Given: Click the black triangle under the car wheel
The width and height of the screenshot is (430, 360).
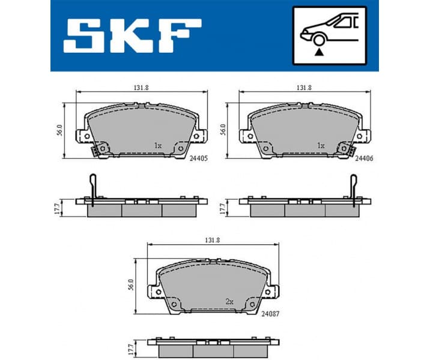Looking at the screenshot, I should (x=318, y=53).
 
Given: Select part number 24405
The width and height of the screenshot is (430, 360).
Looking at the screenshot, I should (x=198, y=159).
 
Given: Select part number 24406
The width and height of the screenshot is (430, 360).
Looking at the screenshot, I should (x=364, y=159).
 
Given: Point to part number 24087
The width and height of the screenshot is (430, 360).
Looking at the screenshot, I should (x=270, y=313).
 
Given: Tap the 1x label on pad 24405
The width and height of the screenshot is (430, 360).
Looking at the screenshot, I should (x=158, y=146).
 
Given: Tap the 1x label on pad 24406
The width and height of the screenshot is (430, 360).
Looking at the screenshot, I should (x=321, y=146).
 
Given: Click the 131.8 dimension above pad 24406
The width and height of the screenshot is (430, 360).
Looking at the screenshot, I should (x=304, y=88).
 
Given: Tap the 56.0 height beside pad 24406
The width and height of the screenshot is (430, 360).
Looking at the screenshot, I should (x=223, y=130).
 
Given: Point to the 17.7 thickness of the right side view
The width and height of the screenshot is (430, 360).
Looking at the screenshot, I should (x=223, y=208).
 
